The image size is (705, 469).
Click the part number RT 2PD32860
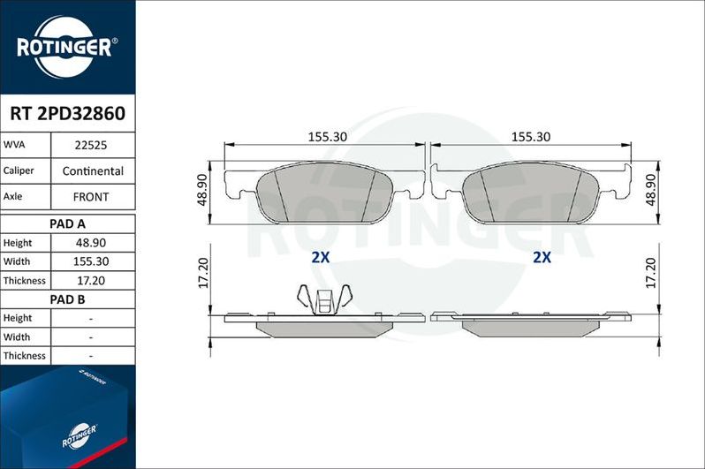(x=67, y=114)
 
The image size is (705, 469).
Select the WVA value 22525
(x=92, y=145)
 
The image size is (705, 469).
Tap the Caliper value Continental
(x=92, y=170)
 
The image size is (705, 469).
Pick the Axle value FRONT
(x=92, y=197)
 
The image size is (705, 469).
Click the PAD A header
(x=67, y=223)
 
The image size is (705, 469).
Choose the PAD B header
(x=67, y=299)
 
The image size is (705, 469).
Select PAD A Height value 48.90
(x=92, y=243)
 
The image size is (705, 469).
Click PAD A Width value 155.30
(x=92, y=261)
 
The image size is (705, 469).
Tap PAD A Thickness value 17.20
(x=92, y=280)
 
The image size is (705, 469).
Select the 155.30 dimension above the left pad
(x=326, y=137)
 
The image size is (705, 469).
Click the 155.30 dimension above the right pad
(x=531, y=137)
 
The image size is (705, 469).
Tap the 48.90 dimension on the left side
(x=201, y=190)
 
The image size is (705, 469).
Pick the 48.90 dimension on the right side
(x=651, y=190)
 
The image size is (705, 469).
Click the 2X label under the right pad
(x=542, y=258)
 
